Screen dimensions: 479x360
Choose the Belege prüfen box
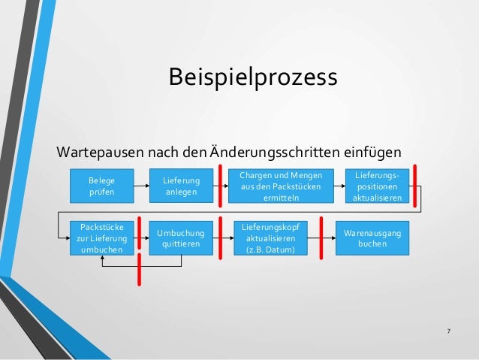[98, 186]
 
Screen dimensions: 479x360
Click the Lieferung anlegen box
[181, 186]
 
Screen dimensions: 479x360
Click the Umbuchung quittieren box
[181, 237]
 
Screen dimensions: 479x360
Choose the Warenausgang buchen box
[372, 237]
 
